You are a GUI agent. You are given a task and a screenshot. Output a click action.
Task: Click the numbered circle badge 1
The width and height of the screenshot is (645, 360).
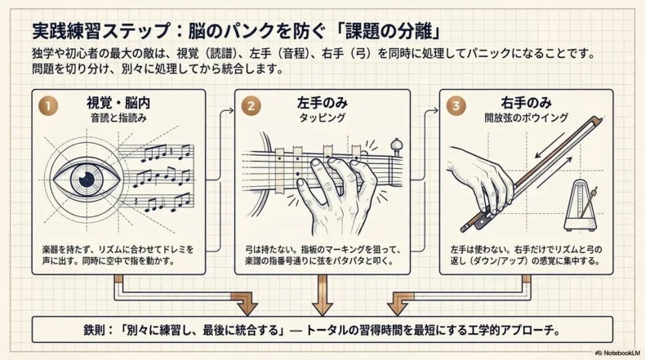click(x=48, y=106)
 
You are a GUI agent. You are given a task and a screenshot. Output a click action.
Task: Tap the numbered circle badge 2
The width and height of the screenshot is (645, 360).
click(x=251, y=106)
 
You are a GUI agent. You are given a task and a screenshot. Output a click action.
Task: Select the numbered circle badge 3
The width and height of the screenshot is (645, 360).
click(x=456, y=106)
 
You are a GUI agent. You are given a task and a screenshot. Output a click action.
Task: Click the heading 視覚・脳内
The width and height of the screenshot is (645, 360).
click(x=118, y=103)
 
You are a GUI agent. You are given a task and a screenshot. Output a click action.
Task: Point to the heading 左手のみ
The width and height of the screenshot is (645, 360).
click(x=322, y=103)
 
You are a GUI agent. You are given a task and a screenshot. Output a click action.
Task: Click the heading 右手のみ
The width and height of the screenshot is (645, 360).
click(x=526, y=103)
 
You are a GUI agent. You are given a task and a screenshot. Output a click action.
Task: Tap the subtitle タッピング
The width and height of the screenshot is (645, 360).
click(x=322, y=118)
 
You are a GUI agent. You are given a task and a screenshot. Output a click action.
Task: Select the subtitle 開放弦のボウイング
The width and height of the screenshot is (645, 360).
click(x=526, y=118)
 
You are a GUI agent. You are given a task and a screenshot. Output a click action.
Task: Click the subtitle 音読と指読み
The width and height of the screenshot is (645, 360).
click(x=118, y=118)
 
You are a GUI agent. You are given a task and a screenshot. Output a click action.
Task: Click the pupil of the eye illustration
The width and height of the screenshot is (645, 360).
click(x=87, y=179)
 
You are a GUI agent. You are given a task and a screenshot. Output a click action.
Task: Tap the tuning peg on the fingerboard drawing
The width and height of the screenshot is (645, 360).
click(x=396, y=148)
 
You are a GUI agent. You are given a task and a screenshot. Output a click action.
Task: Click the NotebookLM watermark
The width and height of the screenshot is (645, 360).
click(x=617, y=353)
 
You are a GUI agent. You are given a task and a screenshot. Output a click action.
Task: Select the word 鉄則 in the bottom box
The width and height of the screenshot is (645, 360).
click(x=94, y=330)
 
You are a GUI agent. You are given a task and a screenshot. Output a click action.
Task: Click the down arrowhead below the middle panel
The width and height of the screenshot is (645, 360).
click(x=322, y=309)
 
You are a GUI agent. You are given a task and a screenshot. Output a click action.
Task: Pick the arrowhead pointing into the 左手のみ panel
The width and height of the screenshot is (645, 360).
click(x=231, y=110)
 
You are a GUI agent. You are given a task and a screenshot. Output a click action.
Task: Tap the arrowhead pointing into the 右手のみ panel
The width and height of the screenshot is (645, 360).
click(x=436, y=110)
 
